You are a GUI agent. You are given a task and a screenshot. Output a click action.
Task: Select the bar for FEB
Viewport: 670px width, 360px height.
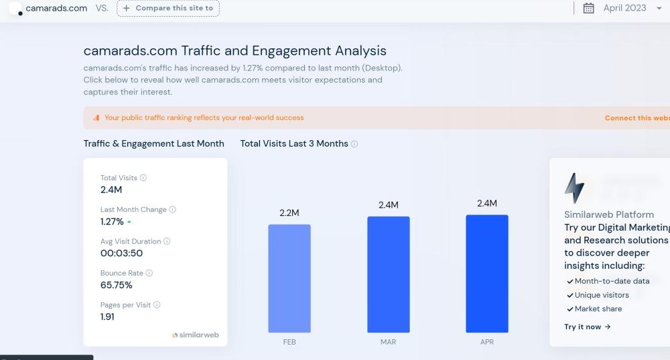(289, 278)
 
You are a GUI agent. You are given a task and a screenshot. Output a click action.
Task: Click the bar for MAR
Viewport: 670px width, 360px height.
(388, 274)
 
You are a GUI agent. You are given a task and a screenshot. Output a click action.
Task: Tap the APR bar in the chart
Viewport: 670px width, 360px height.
(487, 274)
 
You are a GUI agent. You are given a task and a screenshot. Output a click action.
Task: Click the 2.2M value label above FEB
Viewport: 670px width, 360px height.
(289, 213)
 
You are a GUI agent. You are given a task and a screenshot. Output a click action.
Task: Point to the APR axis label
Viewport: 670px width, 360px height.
(487, 342)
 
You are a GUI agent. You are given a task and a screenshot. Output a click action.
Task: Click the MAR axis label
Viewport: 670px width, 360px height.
(388, 342)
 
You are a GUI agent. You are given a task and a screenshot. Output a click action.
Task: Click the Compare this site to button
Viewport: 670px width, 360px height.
(167, 8)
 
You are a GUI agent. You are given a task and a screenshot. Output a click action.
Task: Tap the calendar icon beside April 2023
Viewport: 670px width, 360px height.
(589, 8)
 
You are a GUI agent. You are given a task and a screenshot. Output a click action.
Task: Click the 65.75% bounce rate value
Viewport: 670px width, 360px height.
(117, 285)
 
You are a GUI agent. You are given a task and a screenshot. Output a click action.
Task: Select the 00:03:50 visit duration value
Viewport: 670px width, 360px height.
(121, 253)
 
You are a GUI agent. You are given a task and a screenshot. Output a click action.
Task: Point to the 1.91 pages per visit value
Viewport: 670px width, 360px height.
(107, 317)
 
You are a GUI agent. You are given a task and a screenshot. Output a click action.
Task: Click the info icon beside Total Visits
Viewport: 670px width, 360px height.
(143, 178)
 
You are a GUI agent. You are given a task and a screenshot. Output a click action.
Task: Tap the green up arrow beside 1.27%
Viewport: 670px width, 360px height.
(129, 222)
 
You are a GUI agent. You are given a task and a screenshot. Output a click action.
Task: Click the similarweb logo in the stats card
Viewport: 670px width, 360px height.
(196, 335)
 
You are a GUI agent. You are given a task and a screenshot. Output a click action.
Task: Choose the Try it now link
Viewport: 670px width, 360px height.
(588, 327)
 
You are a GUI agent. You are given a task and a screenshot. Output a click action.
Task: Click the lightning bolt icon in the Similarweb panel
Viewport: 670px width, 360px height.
(574, 188)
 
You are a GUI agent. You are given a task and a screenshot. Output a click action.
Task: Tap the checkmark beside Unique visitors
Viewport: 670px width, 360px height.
(569, 296)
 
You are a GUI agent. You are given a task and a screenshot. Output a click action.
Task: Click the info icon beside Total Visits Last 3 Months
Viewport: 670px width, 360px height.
(354, 144)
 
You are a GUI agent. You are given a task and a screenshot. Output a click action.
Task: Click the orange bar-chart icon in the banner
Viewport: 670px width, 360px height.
(96, 118)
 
